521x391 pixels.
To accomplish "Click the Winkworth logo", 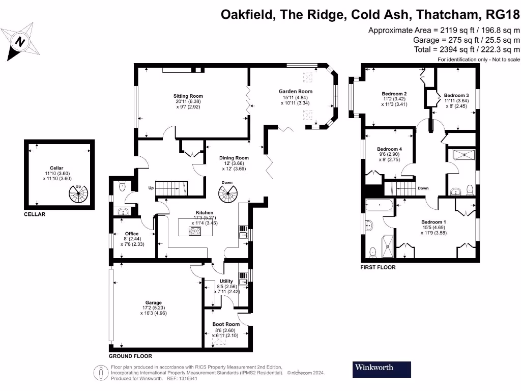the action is pos(382,370).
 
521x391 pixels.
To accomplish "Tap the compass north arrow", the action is pos(20,42).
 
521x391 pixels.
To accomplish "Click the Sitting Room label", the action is pos(188,96).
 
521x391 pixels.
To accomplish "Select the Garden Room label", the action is pos(296,91).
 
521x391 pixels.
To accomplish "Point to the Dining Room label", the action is pos(234,158).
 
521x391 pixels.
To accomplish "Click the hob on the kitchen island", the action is pos(195,231).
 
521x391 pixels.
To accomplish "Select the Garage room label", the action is pos(154,302).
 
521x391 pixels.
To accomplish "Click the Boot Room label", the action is pos(226,324).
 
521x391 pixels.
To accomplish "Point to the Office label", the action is pos(132,234).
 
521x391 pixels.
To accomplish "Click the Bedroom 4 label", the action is pos(389,149).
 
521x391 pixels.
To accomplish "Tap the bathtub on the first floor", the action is pos(379,205).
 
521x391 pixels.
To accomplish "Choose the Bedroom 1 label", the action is pos(433,222).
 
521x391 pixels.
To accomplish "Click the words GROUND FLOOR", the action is pos(130,356).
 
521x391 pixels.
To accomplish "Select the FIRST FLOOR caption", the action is pos(378,267).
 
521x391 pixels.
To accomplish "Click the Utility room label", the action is pos(226,281).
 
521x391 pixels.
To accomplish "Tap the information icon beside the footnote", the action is pos(101,373).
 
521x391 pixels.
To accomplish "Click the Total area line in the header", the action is pos(467,49).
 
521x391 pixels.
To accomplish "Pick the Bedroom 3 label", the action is pos(456,95).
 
